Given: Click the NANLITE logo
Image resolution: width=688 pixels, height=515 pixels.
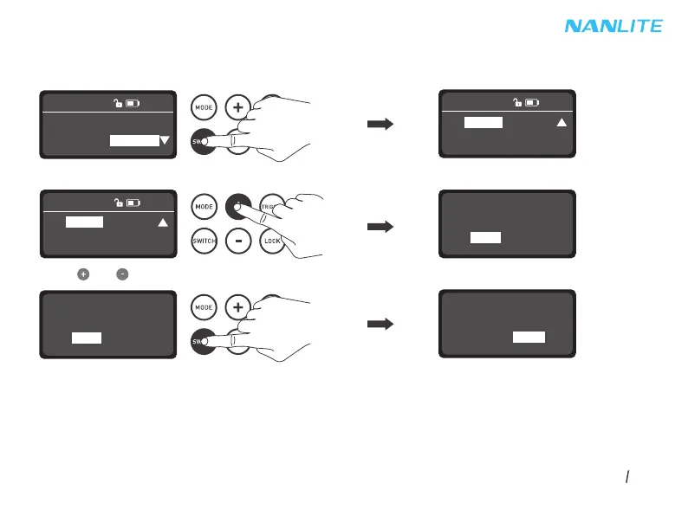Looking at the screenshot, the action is click(x=613, y=26).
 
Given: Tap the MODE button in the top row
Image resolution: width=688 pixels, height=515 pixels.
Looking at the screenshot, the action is click(x=204, y=107).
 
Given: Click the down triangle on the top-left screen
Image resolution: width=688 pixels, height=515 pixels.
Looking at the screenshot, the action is click(x=165, y=141).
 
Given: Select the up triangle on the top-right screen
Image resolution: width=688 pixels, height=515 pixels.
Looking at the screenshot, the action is click(x=561, y=123).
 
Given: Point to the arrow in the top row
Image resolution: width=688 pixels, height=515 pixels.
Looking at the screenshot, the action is click(x=380, y=125).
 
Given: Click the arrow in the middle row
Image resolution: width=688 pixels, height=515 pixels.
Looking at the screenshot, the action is click(x=380, y=227).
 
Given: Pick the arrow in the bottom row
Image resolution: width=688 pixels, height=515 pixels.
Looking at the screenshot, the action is click(x=380, y=324).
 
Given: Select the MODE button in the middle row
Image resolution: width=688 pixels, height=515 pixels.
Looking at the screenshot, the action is click(x=204, y=208).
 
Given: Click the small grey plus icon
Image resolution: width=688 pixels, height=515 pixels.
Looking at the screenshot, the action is click(x=83, y=274).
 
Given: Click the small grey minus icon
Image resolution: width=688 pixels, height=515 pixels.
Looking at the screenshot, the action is click(x=123, y=274).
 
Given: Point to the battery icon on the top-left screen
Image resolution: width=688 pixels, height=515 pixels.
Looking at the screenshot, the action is click(x=132, y=104).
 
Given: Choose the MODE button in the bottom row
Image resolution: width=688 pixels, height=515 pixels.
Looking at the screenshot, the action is click(x=204, y=307).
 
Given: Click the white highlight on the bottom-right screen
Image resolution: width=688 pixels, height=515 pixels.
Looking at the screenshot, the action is click(x=529, y=337).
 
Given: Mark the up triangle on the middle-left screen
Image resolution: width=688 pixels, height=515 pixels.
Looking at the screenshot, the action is click(x=161, y=222).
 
